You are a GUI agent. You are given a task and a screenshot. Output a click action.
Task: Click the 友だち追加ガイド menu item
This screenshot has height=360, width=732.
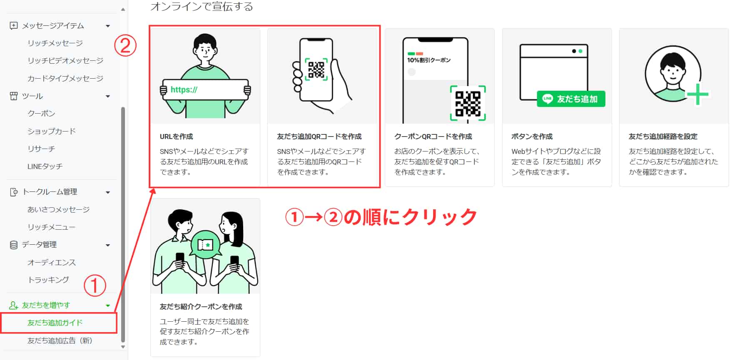[55, 323]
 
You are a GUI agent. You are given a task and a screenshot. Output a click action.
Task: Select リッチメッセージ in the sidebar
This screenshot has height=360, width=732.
[55, 43]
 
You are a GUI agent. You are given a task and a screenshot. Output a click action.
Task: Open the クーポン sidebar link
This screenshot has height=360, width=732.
[41, 113]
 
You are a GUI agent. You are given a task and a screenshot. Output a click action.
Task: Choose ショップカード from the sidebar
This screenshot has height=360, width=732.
[52, 131]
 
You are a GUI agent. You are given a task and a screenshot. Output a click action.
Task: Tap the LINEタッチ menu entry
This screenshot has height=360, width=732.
[45, 166]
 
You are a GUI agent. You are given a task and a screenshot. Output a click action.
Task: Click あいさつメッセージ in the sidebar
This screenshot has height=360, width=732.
[58, 209]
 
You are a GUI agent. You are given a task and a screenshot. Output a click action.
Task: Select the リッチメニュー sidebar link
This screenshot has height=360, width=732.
[52, 227]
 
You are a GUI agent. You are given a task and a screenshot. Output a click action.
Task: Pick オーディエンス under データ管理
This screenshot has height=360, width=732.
[52, 262]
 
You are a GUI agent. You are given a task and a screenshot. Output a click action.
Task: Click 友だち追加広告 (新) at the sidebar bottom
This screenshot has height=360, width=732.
[60, 340]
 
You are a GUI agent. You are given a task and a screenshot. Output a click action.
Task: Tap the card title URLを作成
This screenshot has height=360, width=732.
[177, 137]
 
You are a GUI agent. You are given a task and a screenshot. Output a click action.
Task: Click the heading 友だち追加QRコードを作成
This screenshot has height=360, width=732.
[319, 137]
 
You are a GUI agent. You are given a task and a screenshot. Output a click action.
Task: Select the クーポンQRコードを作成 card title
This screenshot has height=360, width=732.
[433, 137]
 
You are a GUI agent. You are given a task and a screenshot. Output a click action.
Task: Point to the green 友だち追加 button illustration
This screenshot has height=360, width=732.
[571, 99]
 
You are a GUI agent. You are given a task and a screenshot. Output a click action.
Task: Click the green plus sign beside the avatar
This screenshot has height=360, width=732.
[697, 94]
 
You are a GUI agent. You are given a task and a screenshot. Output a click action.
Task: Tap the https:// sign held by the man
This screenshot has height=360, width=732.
[206, 89]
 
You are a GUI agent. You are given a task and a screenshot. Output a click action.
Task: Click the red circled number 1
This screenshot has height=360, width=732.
[95, 286]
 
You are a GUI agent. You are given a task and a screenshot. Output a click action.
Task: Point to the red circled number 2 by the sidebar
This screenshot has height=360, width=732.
[125, 46]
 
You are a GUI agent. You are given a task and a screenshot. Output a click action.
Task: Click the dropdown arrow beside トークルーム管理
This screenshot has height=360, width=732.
[108, 192]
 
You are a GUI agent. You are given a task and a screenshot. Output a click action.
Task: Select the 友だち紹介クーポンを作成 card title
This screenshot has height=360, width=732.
[201, 307]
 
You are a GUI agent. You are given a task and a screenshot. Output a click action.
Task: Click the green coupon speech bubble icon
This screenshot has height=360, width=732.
[205, 245]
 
